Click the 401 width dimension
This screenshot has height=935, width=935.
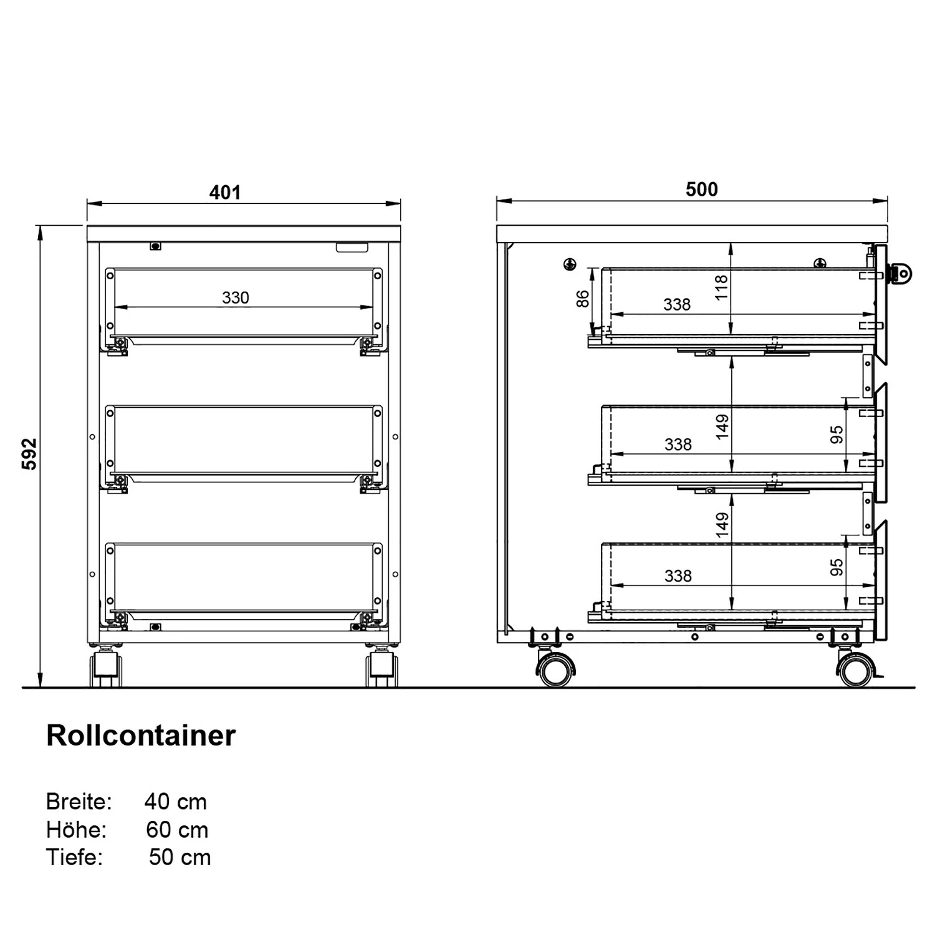224,193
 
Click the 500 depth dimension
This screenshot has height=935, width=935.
701,189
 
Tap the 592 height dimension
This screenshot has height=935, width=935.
30,454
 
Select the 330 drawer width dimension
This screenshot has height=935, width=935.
236,298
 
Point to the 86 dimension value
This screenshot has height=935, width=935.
582,299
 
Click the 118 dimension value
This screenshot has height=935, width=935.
722,287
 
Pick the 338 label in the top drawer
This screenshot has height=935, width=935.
677,305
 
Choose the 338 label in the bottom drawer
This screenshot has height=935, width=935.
678,576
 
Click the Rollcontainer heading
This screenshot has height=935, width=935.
141,736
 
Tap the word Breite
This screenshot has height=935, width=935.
79,802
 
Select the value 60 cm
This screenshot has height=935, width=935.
177,830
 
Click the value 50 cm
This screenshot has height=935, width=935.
180,857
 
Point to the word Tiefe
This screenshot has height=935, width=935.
74,857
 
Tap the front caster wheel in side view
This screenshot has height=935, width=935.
854,671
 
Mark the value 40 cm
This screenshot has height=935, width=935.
176,802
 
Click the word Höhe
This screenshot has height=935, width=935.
76,830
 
